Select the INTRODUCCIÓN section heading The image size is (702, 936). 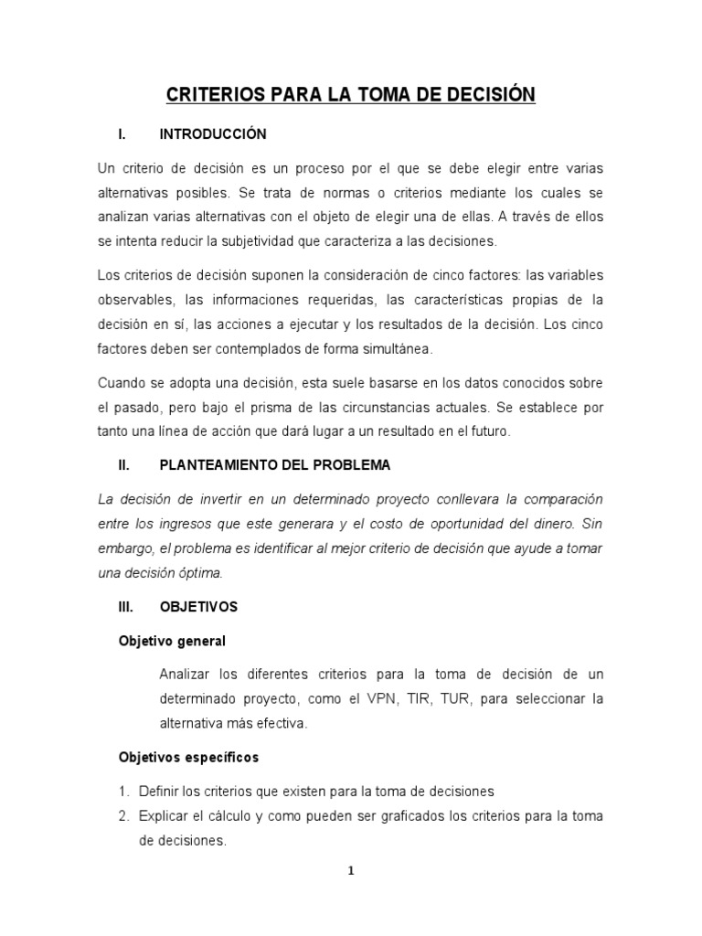point(213,134)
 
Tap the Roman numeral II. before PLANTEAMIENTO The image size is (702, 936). point(125,465)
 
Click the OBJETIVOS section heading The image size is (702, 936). point(198,607)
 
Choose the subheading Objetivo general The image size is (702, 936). point(172,641)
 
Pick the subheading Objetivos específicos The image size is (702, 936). point(189,758)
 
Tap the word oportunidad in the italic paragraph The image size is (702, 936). point(457,525)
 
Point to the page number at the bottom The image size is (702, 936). point(350,871)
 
